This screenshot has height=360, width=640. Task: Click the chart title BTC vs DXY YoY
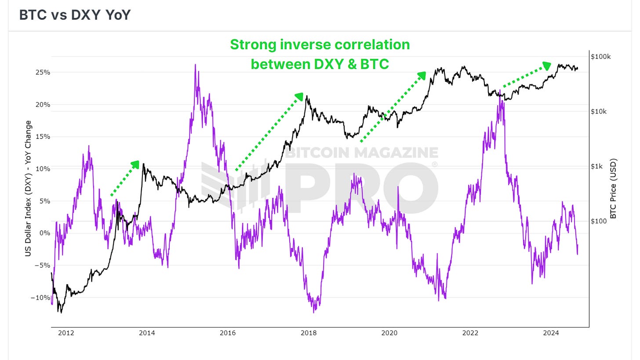(75, 15)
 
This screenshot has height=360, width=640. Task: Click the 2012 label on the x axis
(66, 333)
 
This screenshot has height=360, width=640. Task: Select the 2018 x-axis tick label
(308, 333)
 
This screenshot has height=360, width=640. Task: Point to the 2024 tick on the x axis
(551, 333)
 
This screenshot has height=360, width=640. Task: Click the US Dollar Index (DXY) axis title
(28, 189)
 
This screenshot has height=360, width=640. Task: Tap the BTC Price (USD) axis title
(614, 189)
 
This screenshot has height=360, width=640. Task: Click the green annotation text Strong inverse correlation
(320, 45)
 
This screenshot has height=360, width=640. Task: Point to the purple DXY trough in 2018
(313, 312)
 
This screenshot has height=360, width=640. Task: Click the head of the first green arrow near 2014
(136, 164)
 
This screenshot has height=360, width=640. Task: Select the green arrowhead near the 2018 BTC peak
(300, 96)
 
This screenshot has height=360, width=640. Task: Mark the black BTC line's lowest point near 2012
(61, 312)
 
